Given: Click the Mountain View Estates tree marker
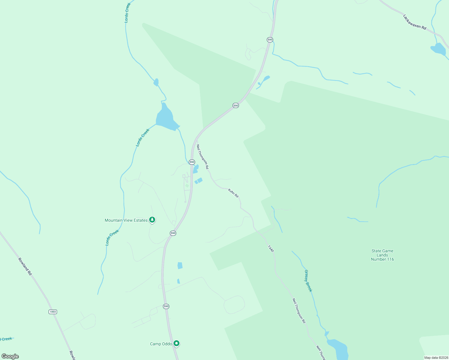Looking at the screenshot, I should coord(152,220).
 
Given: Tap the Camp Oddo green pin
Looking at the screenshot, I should coord(177,343).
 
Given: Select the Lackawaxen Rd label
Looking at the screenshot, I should coord(414,22).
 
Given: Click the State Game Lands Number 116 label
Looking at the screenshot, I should coord(382,255).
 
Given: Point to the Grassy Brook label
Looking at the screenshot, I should coord(308,281).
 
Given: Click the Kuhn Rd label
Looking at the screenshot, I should coord(233,193).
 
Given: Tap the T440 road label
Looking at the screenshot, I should coord(271,248).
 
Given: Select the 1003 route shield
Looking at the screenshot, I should coord(53,312).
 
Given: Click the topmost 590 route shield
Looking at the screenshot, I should coord(270,40).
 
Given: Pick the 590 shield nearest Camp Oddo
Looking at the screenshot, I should coord(166,306).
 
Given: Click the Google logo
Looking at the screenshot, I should coord(10,356).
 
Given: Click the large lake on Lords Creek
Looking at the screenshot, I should coord(166,118).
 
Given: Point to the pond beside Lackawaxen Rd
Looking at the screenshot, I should coord(438,49).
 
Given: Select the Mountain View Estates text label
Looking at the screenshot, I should coord(126,220).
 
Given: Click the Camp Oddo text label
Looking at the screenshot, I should coord(161,344).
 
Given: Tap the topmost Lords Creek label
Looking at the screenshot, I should coord(128,13).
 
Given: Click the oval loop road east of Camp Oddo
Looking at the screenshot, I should coord(234,304).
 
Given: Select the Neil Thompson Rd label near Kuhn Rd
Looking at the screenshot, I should coord(202,157).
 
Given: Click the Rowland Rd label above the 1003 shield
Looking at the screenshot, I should coord(25,266).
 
